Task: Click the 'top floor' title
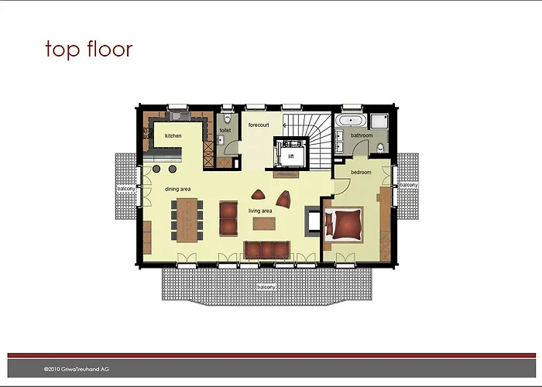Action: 89,49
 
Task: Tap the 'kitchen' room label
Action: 173,135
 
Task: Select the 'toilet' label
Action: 225,130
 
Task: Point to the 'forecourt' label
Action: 259,125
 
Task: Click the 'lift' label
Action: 291,156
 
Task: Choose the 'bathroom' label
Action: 362,135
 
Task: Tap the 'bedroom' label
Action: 362,172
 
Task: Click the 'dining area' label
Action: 177,189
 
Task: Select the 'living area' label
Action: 260,211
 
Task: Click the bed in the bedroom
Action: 344,225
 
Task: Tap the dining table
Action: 187,220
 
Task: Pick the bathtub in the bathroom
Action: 351,121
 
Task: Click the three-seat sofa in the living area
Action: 266,250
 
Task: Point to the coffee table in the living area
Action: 264,224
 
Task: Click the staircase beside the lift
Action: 312,141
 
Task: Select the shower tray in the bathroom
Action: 379,122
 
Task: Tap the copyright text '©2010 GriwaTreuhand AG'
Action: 77,369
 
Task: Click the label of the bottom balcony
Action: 266,287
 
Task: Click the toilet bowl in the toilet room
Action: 227,118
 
